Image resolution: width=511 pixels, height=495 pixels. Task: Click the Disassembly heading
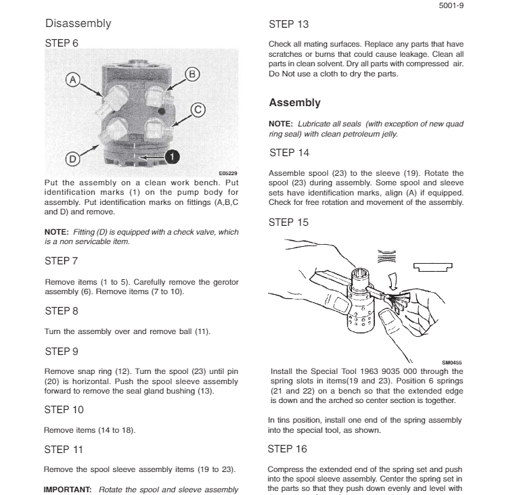[x=78, y=24]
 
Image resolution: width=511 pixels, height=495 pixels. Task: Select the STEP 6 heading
[x=62, y=43]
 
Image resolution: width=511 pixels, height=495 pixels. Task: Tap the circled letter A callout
[x=72, y=80]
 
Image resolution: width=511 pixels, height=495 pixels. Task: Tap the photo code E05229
[x=228, y=174]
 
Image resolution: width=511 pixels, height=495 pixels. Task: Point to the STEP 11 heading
[x=63, y=449]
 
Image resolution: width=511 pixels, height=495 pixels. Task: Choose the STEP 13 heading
[x=288, y=24]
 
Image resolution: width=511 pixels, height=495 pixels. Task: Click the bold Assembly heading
[x=294, y=103]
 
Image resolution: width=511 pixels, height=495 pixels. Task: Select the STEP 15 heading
[x=288, y=222]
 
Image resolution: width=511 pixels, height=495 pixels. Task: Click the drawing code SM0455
[x=451, y=363]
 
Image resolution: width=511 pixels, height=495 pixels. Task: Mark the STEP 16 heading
[x=288, y=449]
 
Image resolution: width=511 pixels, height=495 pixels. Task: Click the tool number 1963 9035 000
[x=385, y=371]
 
